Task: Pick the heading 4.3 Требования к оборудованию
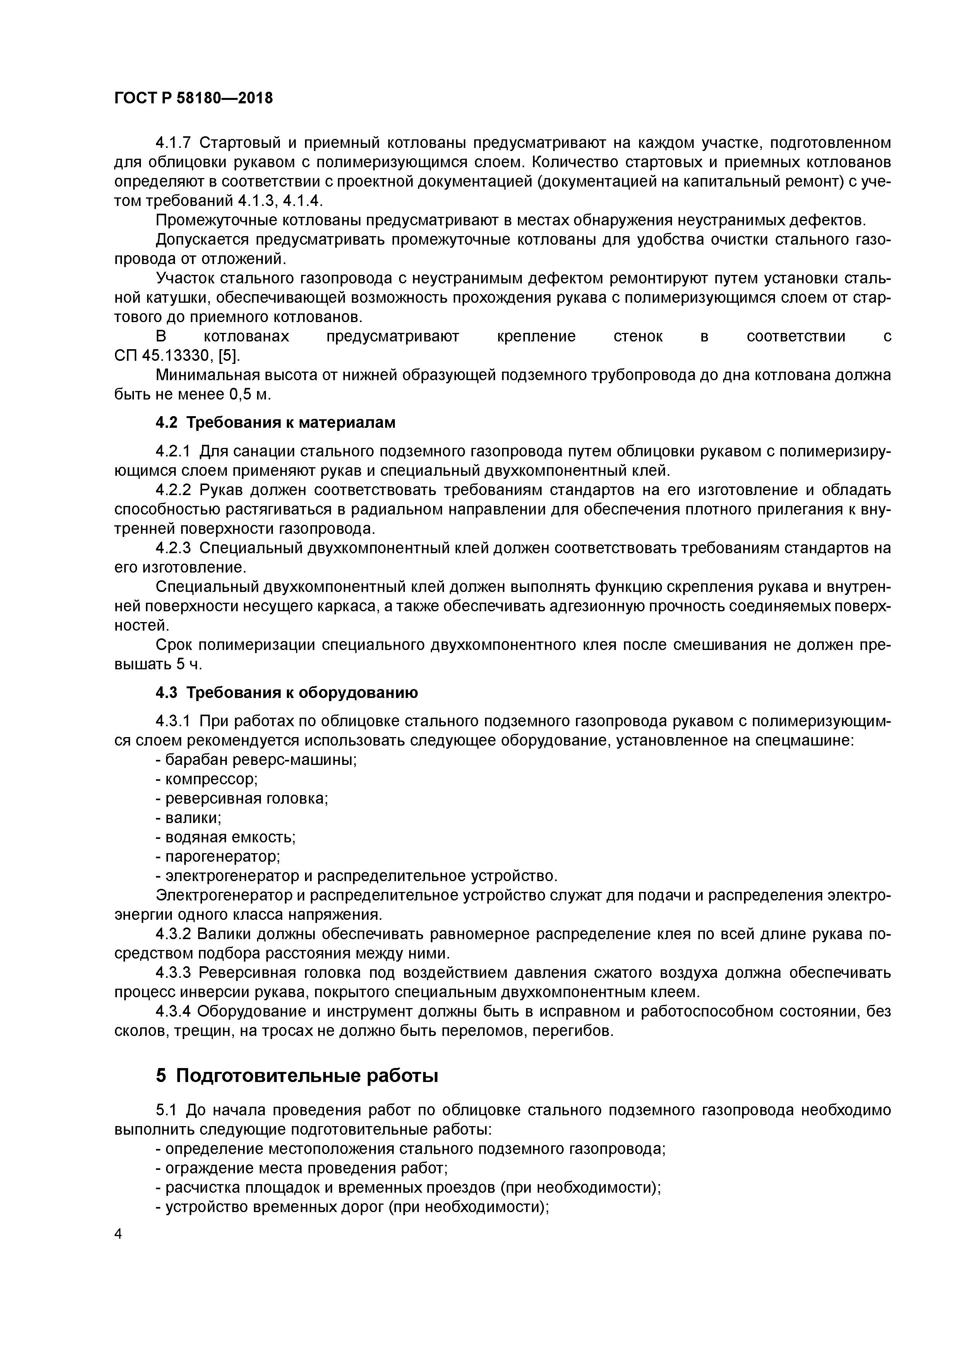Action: pyautogui.click(x=287, y=693)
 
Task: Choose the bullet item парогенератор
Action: pyautogui.click(x=218, y=856)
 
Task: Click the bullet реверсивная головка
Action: pyautogui.click(x=241, y=799)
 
